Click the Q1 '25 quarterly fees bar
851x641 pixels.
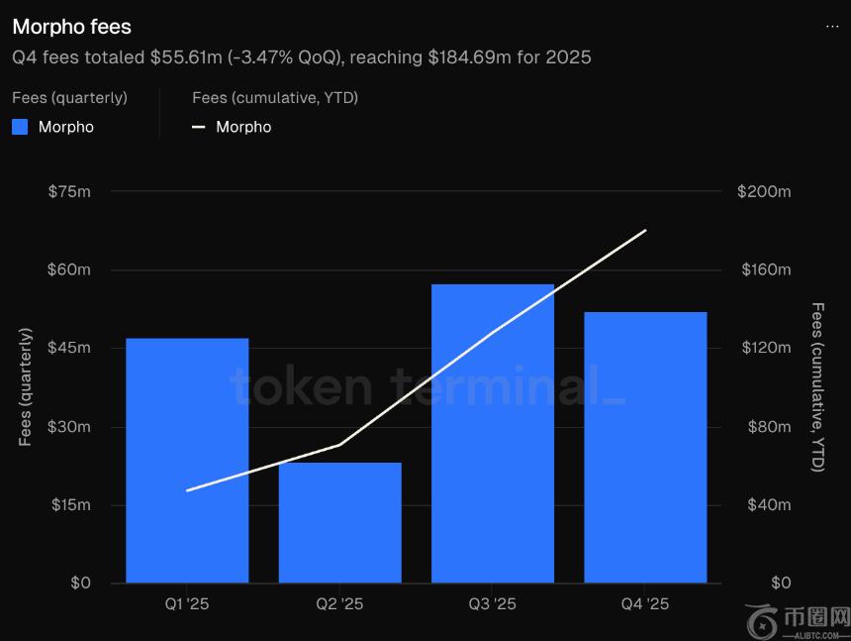tap(187, 461)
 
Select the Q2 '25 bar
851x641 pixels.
tap(339, 522)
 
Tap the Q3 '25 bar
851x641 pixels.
tap(493, 433)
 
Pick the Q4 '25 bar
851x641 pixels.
tap(645, 447)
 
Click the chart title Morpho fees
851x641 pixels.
tap(71, 27)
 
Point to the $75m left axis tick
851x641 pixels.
tap(69, 191)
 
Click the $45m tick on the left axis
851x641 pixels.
tap(69, 348)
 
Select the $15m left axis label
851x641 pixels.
tap(69, 505)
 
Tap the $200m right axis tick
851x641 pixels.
tap(764, 191)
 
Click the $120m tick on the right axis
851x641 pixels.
tap(764, 348)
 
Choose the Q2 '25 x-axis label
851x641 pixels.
tap(339, 604)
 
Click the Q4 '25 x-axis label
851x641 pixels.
tap(645, 604)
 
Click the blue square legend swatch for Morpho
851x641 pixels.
tap(20, 127)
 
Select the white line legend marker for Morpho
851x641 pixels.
tap(199, 127)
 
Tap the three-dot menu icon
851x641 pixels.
tap(832, 27)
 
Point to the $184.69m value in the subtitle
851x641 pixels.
tap(470, 57)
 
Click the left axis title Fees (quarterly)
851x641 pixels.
tap(26, 387)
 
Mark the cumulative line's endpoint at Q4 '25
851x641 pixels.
tap(645, 231)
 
